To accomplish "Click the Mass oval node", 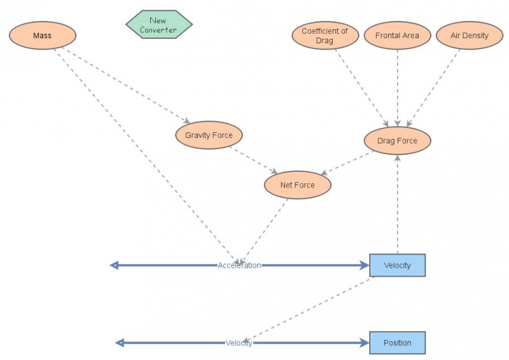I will pos(43,36).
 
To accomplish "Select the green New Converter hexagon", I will pos(158,25).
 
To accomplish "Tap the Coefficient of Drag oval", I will pos(325,36).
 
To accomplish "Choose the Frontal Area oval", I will pos(397,36).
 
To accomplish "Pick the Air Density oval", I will pos(469,36).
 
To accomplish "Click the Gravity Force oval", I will pos(209,135).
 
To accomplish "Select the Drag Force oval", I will pos(398,141).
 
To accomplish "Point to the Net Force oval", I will pos(298,186).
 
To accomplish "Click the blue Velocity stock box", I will pos(398,265).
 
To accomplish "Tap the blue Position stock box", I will pos(398,343).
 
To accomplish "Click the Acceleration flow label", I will pos(239,265).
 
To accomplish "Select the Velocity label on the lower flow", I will pos(239,343).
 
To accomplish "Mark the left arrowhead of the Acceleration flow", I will pos(115,265).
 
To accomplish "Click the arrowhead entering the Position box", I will pos(365,343).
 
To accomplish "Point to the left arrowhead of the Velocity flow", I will pos(120,343).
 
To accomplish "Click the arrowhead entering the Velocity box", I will pos(365,265).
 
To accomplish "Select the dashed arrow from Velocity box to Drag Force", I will pos(398,204).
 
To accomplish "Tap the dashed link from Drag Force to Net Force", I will pos(347,162).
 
